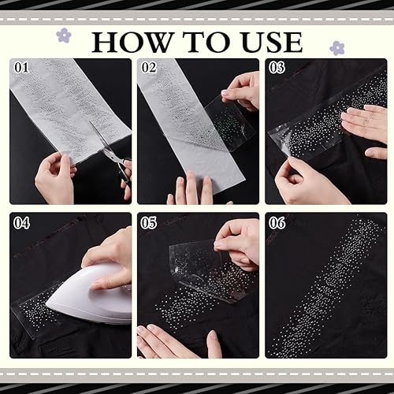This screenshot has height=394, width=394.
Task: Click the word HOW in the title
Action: coord(132,42)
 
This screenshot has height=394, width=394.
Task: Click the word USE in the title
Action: coord(271,42)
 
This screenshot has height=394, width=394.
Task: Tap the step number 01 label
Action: coord(21,68)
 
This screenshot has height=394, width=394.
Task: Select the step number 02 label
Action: coord(149,68)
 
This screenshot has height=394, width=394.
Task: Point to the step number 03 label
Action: coord(277,68)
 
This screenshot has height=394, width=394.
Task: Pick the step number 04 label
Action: coord(21,223)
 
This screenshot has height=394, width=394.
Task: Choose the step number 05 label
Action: coord(149,223)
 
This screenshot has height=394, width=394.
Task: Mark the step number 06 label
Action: coord(277,223)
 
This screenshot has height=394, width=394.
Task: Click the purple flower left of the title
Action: coord(64,35)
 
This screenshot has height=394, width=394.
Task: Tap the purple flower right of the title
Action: coord(337,48)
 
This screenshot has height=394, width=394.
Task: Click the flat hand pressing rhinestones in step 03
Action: coord(365,125)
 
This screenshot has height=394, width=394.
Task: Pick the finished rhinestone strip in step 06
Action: coord(325,285)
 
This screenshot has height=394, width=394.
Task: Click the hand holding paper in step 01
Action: coord(55,179)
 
